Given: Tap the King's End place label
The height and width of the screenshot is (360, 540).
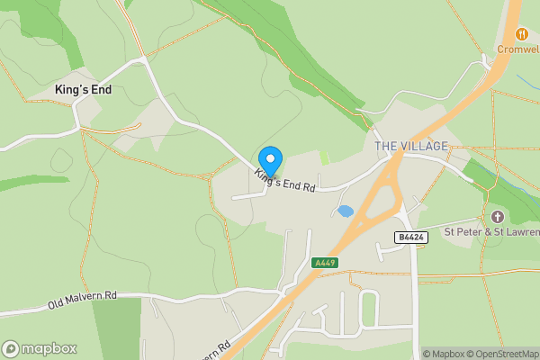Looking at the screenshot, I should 83,90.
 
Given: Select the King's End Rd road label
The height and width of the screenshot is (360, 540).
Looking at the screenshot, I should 284,181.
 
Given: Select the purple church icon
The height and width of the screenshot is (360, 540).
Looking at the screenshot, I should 497,216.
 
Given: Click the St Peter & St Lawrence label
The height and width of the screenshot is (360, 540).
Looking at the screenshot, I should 491,231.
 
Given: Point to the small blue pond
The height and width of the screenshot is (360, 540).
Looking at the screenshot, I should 345,211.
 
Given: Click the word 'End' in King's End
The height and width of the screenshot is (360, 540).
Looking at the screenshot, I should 99,90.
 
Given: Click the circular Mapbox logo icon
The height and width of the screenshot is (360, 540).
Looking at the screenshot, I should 11,348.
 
